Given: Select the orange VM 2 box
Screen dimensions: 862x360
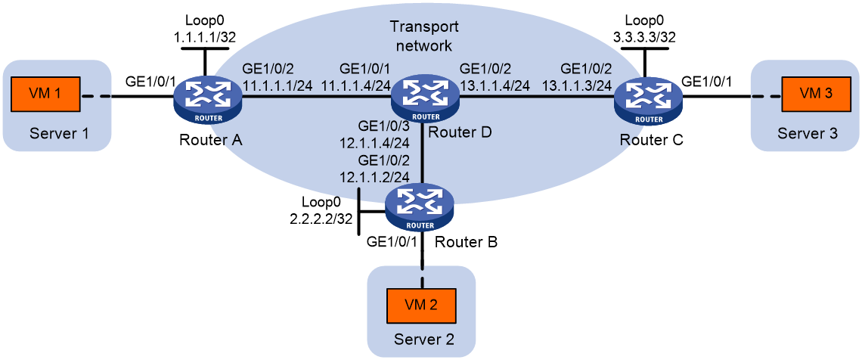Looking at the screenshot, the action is tap(421, 303).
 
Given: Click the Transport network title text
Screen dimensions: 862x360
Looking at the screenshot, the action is tap(423, 36).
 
